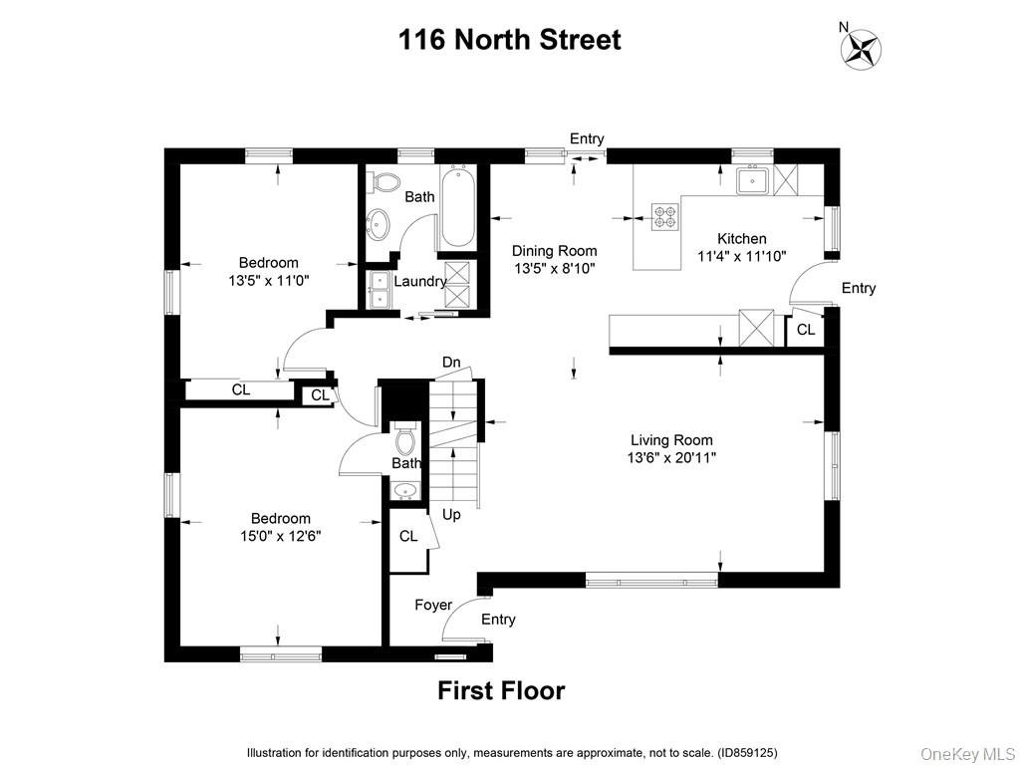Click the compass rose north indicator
pyautogui.click(x=863, y=48)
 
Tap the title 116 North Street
pyautogui.click(x=509, y=40)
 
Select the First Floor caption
pyautogui.click(x=501, y=690)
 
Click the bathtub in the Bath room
pyautogui.click(x=457, y=207)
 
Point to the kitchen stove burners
pyautogui.click(x=664, y=216)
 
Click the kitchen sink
pyautogui.click(x=751, y=181)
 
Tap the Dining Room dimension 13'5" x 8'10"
pyautogui.click(x=555, y=269)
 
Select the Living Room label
pyautogui.click(x=671, y=440)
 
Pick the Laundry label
pyautogui.click(x=419, y=282)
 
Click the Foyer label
pyautogui.click(x=433, y=605)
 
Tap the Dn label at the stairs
pyautogui.click(x=451, y=362)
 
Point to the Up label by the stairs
pyautogui.click(x=451, y=515)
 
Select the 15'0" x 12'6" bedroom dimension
pyautogui.click(x=280, y=536)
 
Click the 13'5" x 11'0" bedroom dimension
pyautogui.click(x=269, y=281)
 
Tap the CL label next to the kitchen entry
pyautogui.click(x=805, y=330)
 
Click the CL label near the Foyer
pyautogui.click(x=408, y=536)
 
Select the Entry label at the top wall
pyautogui.click(x=587, y=138)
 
